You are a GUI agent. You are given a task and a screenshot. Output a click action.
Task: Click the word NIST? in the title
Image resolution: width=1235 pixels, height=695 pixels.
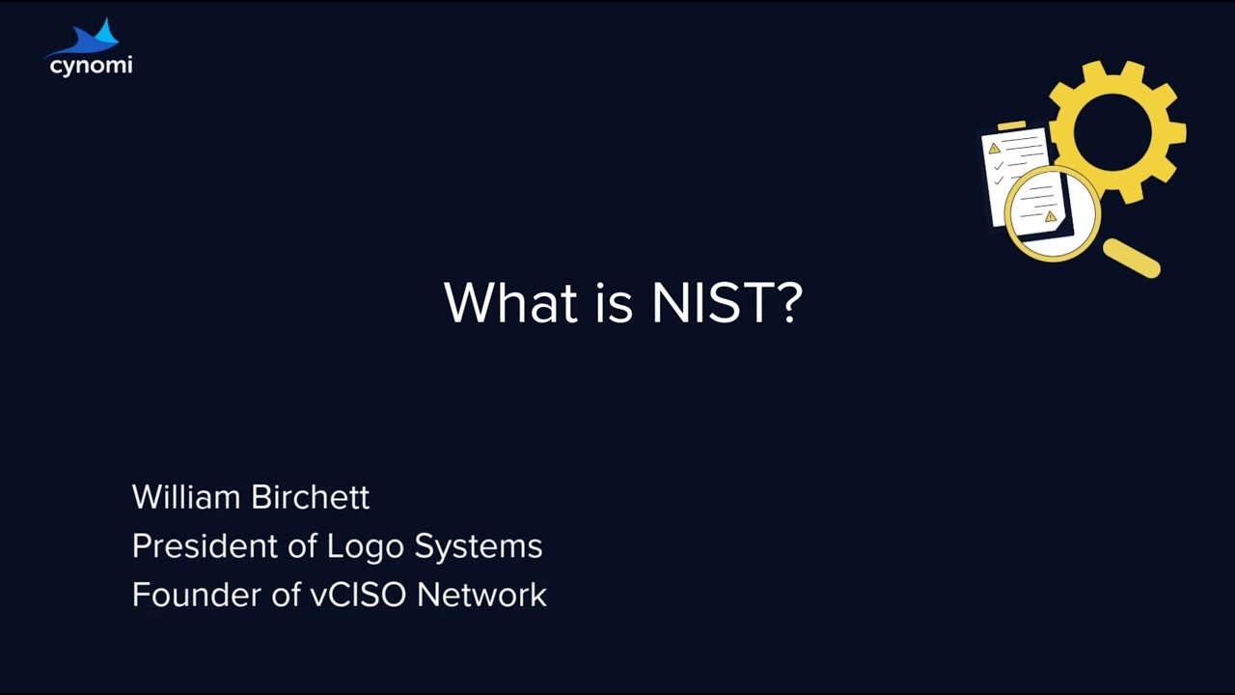(727, 302)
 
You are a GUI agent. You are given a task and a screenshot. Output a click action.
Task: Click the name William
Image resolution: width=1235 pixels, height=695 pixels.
(185, 497)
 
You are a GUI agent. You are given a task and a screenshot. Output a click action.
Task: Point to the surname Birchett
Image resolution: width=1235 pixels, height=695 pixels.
(310, 497)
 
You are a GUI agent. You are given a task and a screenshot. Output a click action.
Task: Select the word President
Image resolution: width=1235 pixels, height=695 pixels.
(206, 546)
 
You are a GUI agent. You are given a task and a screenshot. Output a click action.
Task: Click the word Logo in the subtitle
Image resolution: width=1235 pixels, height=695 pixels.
(366, 547)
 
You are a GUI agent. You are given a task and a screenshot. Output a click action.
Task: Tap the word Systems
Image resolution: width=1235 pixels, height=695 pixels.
(478, 547)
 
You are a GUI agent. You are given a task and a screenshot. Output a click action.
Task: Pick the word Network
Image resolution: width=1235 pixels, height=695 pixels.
(481, 595)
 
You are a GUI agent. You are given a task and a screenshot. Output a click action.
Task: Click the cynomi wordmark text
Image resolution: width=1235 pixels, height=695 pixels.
(90, 66)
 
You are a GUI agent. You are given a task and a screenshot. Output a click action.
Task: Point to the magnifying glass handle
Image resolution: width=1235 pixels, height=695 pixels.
(1132, 258)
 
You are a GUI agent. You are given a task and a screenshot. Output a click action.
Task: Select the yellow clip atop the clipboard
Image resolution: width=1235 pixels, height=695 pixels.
(1011, 125)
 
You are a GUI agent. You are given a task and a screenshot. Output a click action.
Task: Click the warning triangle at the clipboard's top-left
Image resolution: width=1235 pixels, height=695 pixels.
(994, 148)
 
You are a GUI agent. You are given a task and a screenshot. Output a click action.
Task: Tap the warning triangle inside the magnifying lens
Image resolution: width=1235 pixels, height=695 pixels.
(1051, 216)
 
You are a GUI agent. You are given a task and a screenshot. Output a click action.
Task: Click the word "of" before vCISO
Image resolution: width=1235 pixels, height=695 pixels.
(287, 595)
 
